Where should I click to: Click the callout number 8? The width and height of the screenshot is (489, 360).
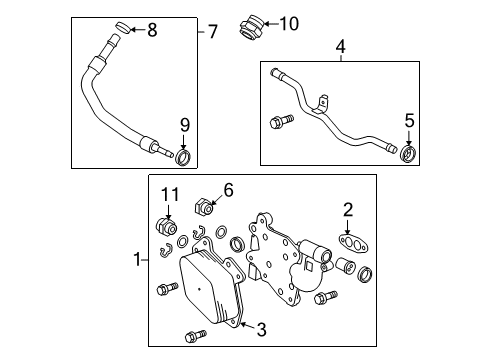(x=152, y=30)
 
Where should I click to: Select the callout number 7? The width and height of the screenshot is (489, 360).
(x=212, y=31)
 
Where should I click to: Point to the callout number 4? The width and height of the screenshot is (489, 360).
(x=340, y=46)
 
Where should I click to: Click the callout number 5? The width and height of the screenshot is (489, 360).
(x=408, y=120)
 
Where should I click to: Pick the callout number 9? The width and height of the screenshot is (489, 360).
(x=183, y=124)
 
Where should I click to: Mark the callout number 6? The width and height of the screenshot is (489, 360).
(x=228, y=188)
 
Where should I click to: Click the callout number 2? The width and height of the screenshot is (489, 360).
(x=348, y=209)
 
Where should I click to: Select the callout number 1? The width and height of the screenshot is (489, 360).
(x=139, y=259)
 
